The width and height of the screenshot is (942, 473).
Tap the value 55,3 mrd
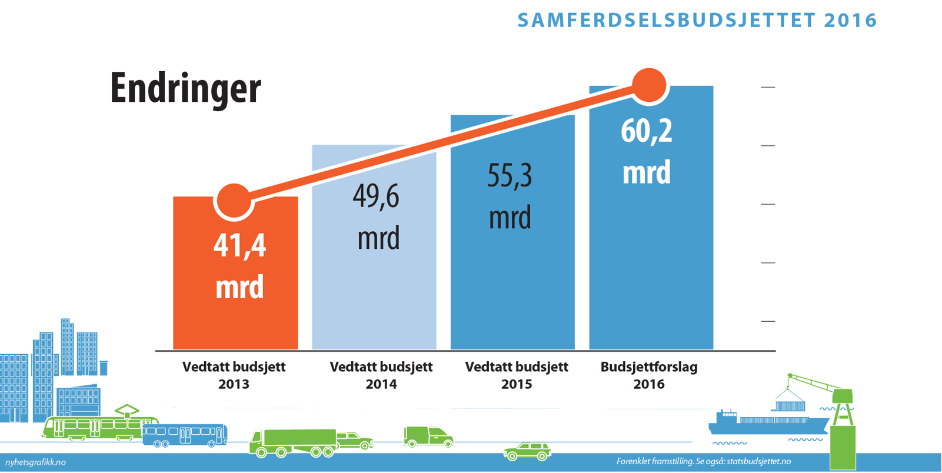(510, 196)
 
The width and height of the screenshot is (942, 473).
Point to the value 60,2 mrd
(647, 151)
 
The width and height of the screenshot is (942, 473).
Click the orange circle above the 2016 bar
(649, 85)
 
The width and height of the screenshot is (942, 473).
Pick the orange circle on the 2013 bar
(234, 201)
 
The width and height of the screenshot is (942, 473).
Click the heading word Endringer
(185, 88)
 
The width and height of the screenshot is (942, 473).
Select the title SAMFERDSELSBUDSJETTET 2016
(697, 21)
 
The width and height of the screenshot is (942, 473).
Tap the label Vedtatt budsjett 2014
(381, 375)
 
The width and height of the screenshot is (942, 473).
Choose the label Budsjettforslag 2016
(649, 375)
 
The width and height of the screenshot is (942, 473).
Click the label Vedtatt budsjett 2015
(517, 375)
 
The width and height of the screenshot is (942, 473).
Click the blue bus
(185, 435)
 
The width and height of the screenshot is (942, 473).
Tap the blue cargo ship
(765, 423)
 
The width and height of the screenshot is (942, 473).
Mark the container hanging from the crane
(790, 405)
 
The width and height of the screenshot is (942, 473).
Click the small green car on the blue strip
(527, 452)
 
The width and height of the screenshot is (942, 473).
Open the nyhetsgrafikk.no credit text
(35, 462)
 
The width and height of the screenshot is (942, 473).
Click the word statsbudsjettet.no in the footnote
(758, 461)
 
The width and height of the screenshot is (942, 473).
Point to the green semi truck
(294, 442)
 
